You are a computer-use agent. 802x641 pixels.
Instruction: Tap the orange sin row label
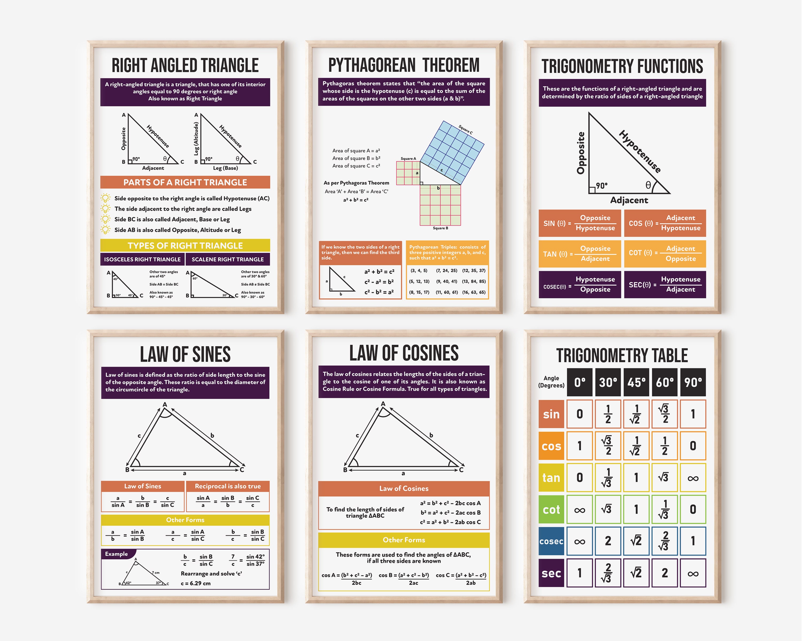[x=551, y=414]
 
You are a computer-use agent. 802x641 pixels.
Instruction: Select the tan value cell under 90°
[x=693, y=478]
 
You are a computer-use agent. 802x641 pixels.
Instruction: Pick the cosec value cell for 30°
[x=608, y=541]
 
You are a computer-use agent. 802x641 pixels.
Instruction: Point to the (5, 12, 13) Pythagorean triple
[x=419, y=281]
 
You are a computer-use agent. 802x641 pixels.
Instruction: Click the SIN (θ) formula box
[x=580, y=223]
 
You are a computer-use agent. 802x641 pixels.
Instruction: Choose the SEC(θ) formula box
[x=665, y=285]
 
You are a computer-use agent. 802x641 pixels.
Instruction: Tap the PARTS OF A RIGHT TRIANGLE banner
[x=185, y=182]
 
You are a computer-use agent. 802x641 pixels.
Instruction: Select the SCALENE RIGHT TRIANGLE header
[x=228, y=259]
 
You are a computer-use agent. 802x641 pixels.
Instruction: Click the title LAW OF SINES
[x=185, y=354]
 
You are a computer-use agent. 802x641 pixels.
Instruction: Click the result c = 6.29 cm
[x=196, y=583]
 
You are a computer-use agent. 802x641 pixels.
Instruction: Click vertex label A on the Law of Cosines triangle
[x=383, y=404]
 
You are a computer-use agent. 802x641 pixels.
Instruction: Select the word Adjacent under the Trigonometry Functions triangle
[x=629, y=200]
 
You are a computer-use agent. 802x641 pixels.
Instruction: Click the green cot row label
[x=551, y=509]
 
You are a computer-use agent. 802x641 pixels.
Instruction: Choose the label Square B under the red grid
[x=440, y=228]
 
